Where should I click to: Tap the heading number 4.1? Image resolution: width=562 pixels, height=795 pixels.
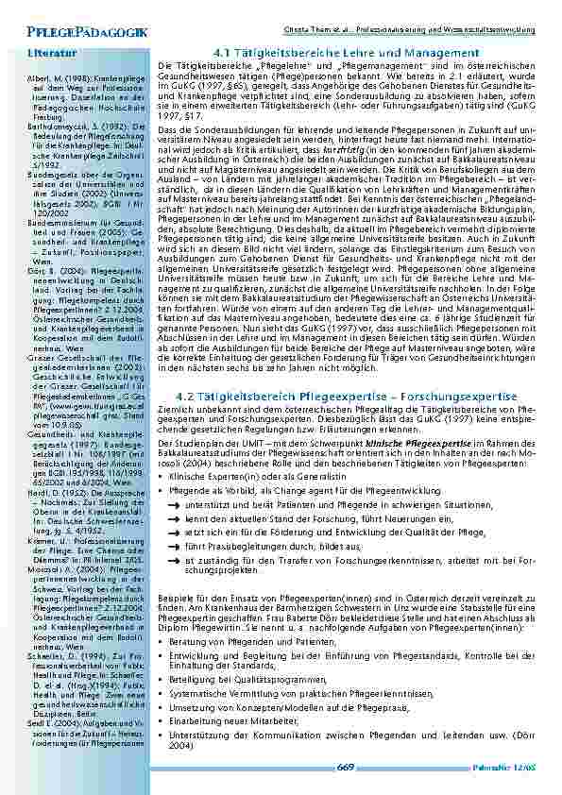[x=225, y=53]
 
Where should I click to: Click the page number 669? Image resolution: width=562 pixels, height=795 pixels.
[x=346, y=769]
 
